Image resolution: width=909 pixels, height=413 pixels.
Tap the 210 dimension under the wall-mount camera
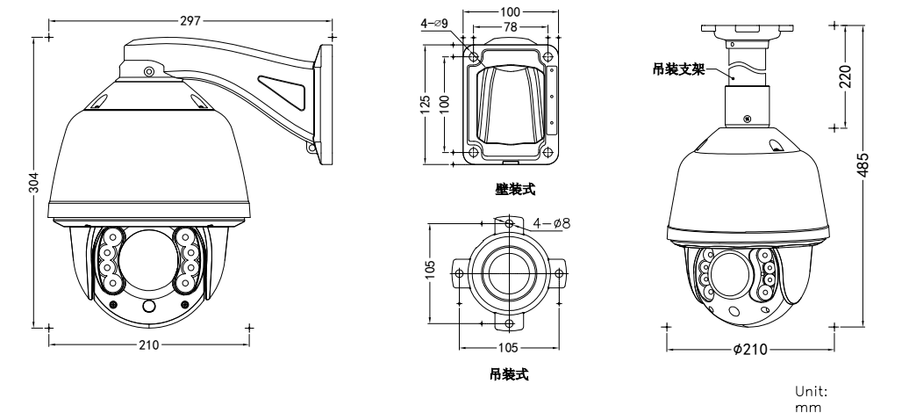(148, 344)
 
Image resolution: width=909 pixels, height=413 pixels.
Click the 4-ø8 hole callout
(551, 223)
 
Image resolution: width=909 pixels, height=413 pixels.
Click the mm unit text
(802, 407)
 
